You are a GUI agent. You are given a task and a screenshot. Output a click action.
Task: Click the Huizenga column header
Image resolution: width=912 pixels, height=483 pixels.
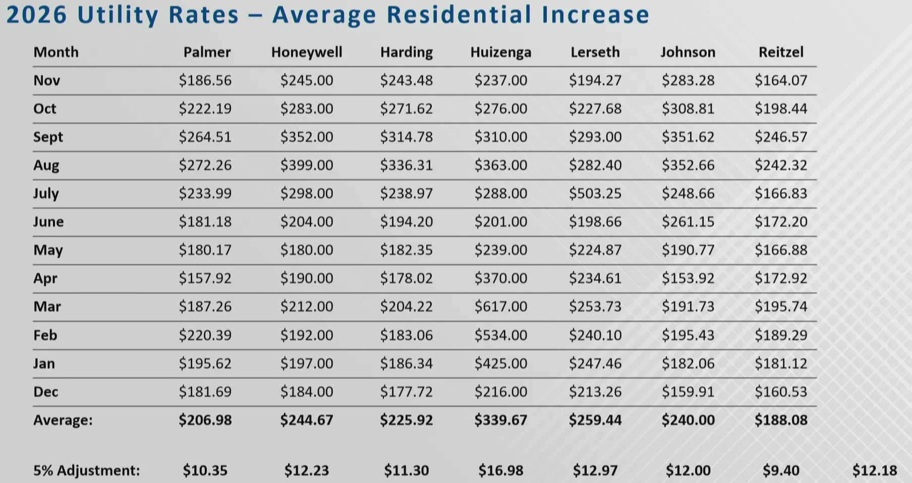click(500, 52)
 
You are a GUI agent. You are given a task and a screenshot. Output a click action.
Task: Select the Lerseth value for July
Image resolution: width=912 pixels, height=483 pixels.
click(595, 193)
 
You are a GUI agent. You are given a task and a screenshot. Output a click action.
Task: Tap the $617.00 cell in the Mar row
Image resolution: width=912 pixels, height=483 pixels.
click(500, 306)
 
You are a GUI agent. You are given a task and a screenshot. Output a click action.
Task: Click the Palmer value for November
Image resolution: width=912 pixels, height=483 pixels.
click(205, 80)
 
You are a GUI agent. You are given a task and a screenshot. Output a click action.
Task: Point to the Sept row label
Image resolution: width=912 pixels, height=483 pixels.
click(48, 137)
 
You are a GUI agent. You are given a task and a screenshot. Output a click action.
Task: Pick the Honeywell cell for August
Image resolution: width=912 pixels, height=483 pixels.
click(307, 165)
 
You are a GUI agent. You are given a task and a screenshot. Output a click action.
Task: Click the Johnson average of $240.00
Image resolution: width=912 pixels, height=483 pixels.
click(688, 420)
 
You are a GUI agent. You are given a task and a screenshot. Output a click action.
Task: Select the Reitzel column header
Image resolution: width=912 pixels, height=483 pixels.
click(781, 52)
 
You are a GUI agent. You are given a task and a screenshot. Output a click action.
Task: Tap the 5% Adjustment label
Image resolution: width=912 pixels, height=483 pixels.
click(86, 470)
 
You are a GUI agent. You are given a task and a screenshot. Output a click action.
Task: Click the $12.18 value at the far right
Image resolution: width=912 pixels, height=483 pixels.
click(875, 470)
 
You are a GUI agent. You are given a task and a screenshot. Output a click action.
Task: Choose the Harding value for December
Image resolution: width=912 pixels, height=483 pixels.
click(406, 392)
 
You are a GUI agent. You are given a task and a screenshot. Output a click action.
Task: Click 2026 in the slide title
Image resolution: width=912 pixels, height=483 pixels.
click(36, 15)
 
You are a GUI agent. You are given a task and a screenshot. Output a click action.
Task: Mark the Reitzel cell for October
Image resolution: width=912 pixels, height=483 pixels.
click(781, 109)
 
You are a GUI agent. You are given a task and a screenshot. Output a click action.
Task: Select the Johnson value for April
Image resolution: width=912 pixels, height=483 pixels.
click(688, 278)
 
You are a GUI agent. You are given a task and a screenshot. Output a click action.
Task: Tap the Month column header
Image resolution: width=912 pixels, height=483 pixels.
click(56, 52)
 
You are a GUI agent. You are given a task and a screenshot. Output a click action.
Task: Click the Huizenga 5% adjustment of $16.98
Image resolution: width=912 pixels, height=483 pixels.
click(500, 470)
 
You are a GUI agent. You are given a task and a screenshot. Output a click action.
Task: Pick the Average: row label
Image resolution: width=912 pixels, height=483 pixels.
click(63, 420)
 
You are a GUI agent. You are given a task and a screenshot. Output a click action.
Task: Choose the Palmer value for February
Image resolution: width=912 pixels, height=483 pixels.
click(205, 335)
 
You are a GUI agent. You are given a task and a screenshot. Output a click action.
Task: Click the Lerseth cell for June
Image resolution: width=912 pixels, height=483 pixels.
click(595, 222)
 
